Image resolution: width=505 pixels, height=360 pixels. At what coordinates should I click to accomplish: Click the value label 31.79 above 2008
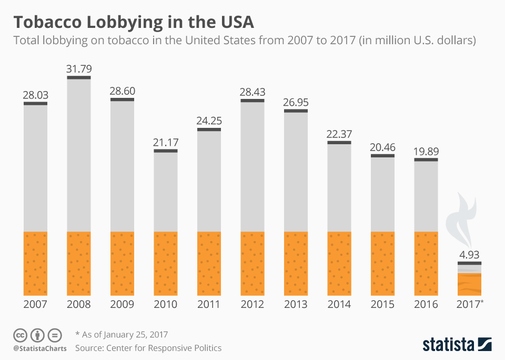coord(79,69)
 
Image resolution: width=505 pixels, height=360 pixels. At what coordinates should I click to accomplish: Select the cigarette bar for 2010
coord(166,221)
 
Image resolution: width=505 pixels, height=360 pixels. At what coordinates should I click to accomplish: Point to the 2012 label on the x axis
coord(252,305)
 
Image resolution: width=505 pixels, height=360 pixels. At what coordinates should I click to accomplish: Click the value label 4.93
coord(469,255)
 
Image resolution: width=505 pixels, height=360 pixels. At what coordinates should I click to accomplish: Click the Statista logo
coord(457,345)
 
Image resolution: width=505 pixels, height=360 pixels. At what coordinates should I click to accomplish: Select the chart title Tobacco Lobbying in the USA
coord(134,23)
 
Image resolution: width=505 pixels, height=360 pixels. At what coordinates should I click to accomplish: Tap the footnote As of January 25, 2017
coord(122,334)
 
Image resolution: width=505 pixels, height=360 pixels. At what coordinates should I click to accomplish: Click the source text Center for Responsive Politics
coord(148,348)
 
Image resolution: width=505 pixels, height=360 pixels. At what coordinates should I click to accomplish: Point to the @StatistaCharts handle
coord(39,348)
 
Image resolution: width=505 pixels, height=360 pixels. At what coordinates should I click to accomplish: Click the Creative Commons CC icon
coord(21,335)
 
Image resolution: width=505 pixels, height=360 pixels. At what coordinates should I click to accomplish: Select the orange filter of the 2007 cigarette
coord(35,263)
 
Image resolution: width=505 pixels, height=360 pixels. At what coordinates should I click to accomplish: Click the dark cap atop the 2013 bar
coord(296,111)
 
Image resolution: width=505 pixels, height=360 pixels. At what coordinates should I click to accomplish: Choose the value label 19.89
coord(426,152)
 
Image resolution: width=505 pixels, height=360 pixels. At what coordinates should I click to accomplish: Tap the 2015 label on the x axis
coord(382,305)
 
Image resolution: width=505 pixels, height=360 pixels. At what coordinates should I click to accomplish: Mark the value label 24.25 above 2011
coord(209,121)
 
